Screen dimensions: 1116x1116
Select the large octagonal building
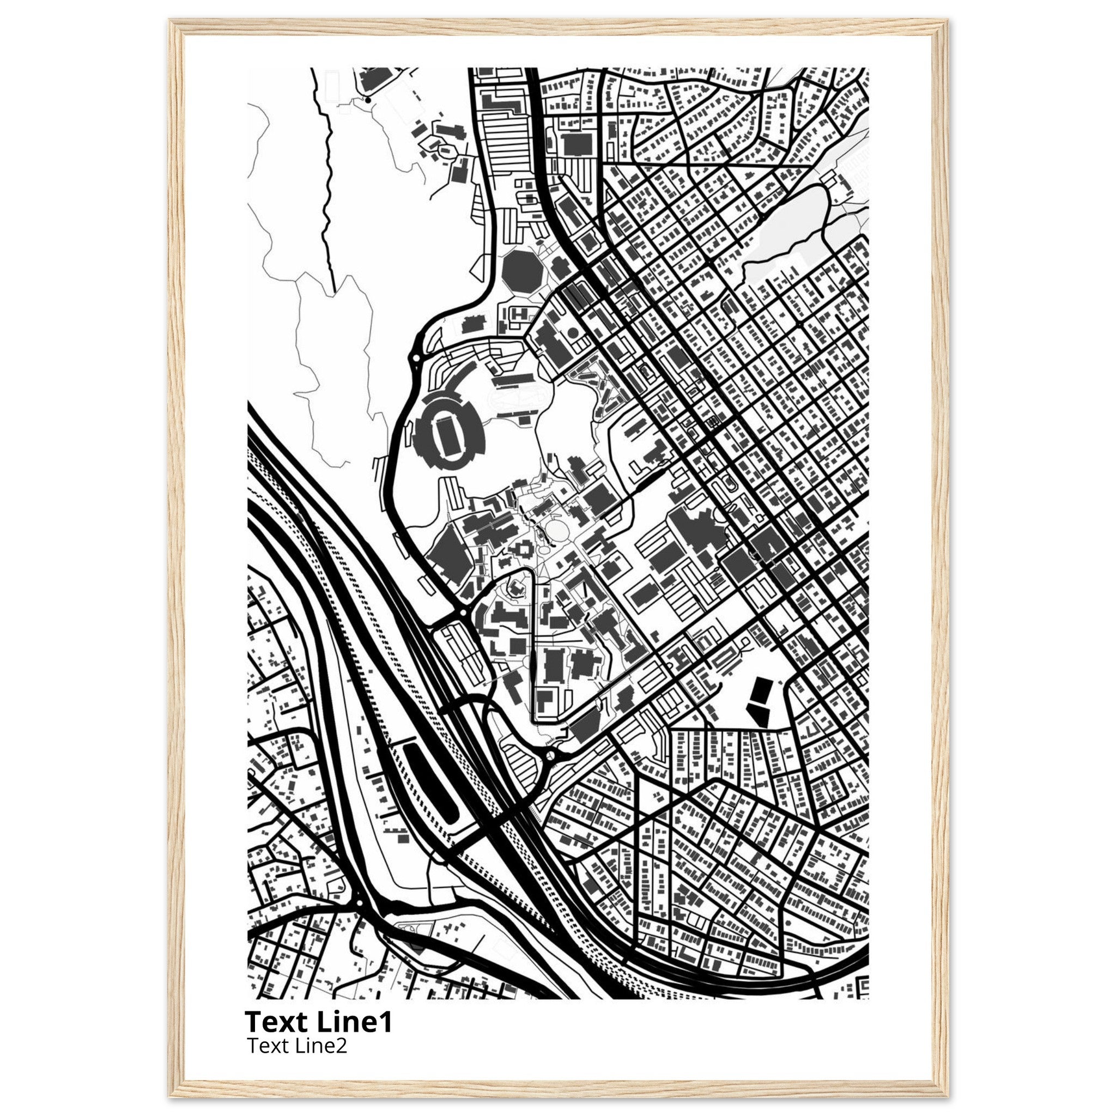[x=521, y=270]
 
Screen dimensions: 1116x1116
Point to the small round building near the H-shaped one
[x=573, y=332]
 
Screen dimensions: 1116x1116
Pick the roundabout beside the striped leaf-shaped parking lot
[x=550, y=754]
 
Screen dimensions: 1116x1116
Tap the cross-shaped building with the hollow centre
[x=523, y=546]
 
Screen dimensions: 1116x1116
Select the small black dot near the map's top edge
[x=367, y=100]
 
